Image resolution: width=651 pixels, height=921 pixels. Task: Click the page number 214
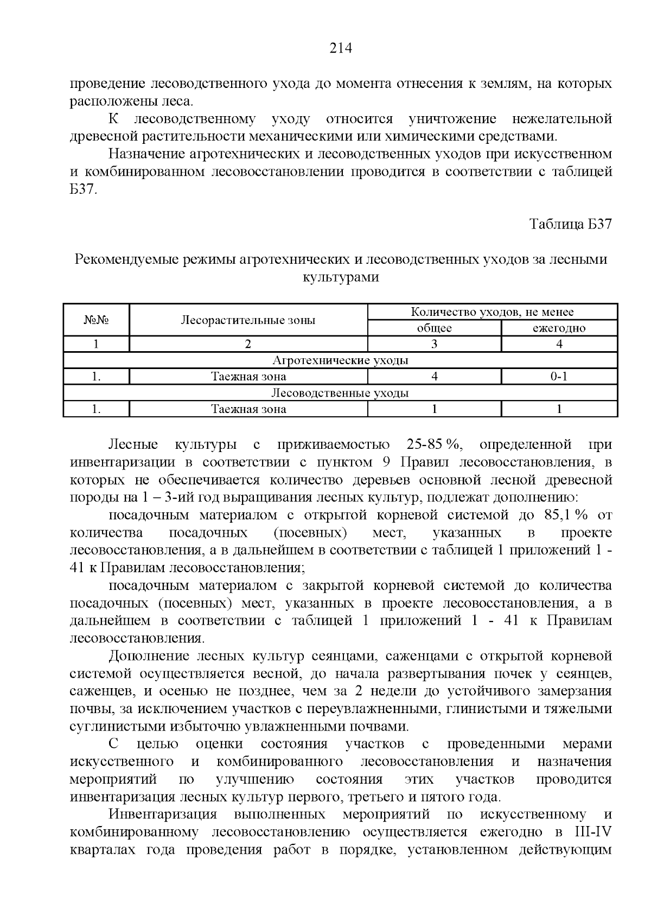(x=341, y=49)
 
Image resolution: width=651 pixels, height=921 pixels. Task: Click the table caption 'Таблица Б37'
(x=571, y=224)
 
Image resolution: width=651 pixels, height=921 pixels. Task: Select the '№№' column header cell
(x=96, y=320)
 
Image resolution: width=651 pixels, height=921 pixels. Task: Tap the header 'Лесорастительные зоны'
(x=248, y=320)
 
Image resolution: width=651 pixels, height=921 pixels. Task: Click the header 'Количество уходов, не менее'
(x=492, y=312)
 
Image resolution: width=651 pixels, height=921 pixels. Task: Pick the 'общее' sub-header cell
(x=434, y=328)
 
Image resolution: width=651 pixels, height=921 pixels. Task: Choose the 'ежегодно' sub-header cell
(x=559, y=328)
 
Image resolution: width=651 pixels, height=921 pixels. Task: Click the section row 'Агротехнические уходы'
(x=340, y=360)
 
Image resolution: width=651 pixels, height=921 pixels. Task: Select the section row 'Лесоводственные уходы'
(x=340, y=393)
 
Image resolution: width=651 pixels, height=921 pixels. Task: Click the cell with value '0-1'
(x=559, y=377)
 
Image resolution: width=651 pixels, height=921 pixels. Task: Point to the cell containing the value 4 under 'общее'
(x=434, y=377)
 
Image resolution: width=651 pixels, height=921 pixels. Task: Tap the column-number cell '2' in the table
(x=248, y=344)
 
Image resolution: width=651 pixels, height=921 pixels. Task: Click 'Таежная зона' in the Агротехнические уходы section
(x=248, y=377)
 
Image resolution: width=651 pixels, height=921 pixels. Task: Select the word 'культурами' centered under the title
(x=340, y=277)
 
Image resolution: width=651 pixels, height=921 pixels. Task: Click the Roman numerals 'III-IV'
(x=592, y=832)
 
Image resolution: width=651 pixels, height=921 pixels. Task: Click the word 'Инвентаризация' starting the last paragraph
(x=163, y=815)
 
